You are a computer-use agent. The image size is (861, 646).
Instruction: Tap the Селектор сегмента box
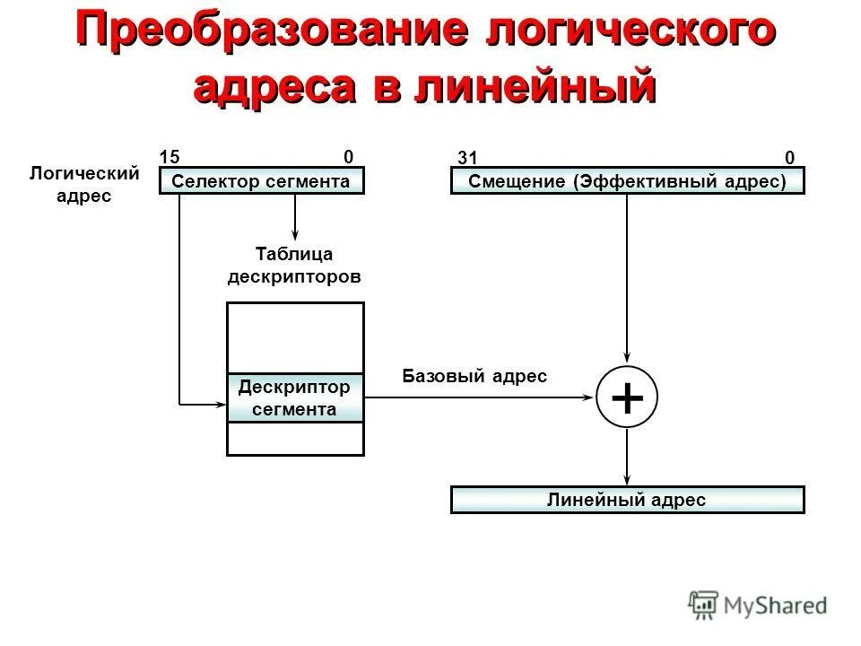pos(262,182)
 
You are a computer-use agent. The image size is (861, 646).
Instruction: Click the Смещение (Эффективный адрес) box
pos(627,182)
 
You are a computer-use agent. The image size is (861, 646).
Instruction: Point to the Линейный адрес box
pos(627,501)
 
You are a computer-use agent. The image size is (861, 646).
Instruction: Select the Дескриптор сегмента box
pos(295,398)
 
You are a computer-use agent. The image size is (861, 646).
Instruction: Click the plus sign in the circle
pos(627,397)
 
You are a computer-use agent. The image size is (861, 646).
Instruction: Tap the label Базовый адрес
pos(474,376)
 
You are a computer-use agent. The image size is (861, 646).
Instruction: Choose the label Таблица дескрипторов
pos(294,266)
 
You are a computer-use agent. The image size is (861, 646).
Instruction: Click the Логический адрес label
pos(84,184)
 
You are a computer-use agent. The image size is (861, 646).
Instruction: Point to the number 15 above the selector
pos(168,156)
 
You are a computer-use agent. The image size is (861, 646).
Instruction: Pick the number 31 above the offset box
pos(465,158)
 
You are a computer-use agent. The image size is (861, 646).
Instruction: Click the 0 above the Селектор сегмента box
pos(348,156)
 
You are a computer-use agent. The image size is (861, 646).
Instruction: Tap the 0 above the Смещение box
pos(789,158)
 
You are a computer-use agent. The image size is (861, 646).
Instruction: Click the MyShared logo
pos(758,605)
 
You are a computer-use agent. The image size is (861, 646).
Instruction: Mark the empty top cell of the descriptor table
pos(295,338)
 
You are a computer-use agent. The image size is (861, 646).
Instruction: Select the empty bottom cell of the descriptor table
pos(295,439)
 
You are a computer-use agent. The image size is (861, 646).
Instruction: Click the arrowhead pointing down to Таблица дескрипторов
pos(295,235)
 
